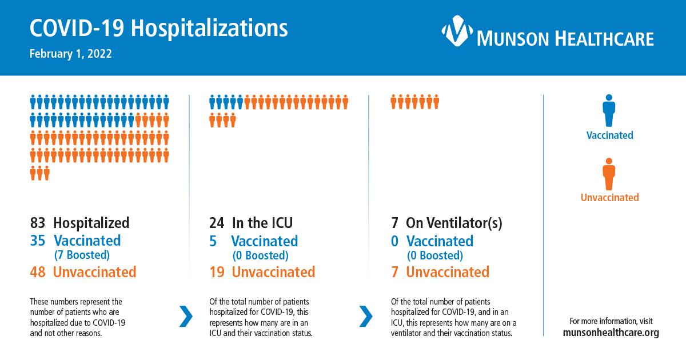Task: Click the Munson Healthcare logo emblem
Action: pos(457,31)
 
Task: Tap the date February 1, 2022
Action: pos(71,54)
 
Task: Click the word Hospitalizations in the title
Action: pos(209,28)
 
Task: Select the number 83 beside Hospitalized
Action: pos(37,223)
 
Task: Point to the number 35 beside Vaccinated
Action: pos(37,241)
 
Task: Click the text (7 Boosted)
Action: pos(82,255)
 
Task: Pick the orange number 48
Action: pos(37,272)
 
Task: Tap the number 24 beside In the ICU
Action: pos(217,223)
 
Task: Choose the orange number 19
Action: pos(217,272)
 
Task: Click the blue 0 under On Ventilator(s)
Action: pos(395,241)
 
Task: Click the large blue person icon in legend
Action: pos(609,110)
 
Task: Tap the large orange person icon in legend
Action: pos(609,174)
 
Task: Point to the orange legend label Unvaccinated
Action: pos(610,198)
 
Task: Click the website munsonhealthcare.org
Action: pos(611,333)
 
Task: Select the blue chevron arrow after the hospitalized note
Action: pos(186,316)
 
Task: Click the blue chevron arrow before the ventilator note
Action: pos(366,316)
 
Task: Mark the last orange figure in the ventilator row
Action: pos(436,102)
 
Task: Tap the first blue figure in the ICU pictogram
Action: pos(212,102)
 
